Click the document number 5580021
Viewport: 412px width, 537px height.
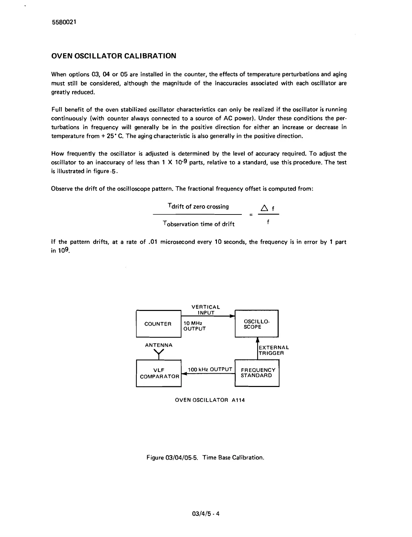[x=64, y=22]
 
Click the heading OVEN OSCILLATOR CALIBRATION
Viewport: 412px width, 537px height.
[x=114, y=56]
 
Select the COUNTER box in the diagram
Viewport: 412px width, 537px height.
[x=158, y=324]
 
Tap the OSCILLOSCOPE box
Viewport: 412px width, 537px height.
[x=256, y=324]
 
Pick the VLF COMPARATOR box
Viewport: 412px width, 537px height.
[x=159, y=373]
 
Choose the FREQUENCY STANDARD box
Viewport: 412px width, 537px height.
[x=257, y=373]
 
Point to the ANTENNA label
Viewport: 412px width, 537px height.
[x=159, y=345]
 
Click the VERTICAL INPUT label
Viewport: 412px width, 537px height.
[x=206, y=310]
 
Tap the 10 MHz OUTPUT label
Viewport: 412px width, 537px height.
[x=194, y=326]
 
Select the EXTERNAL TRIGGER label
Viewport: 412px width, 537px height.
[x=274, y=350]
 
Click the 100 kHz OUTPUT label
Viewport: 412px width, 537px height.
[x=210, y=370]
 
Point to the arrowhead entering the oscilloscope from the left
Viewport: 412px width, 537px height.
[x=233, y=316]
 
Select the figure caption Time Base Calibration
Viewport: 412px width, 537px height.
[x=205, y=457]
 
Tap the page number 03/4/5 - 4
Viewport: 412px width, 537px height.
[x=206, y=514]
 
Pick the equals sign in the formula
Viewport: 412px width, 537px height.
[x=251, y=215]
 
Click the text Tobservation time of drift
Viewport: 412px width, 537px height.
[x=199, y=224]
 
